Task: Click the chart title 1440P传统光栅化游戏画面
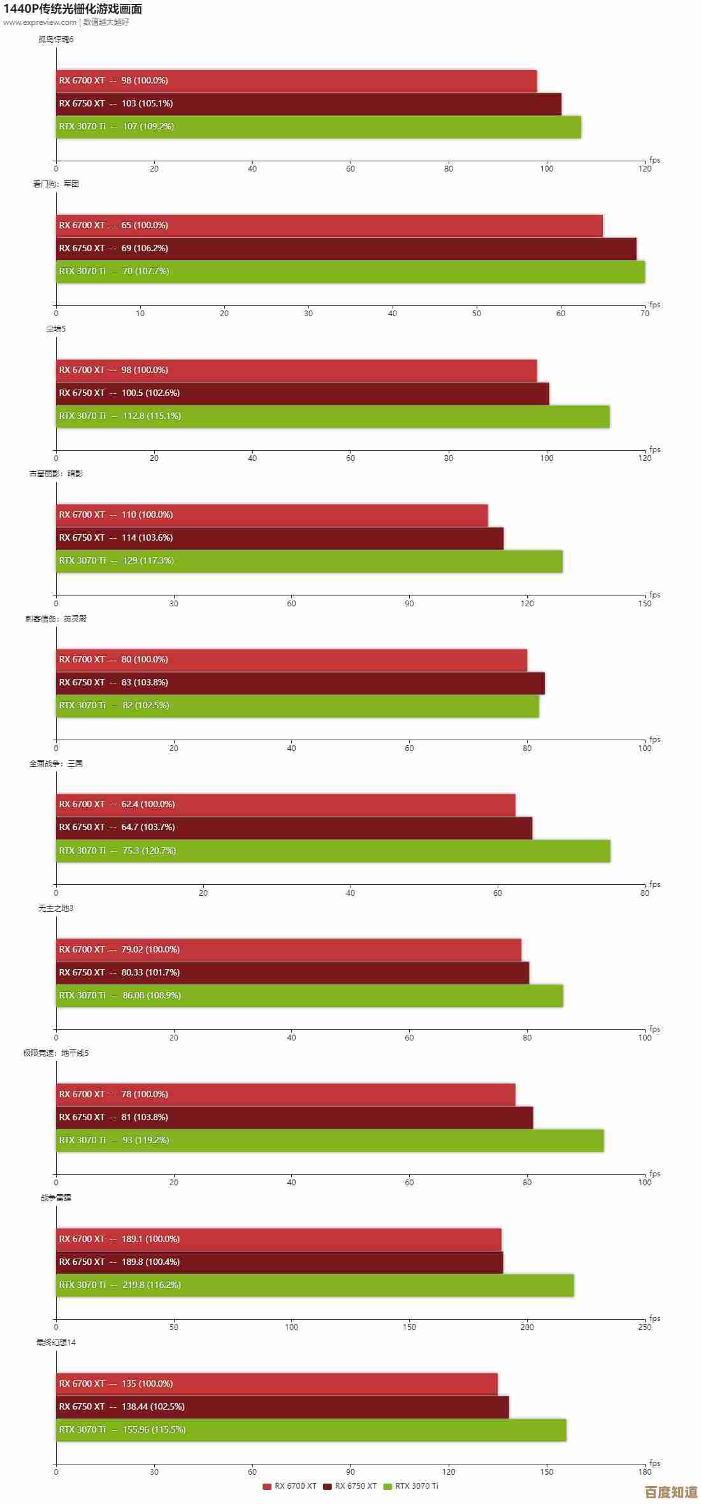pyautogui.click(x=73, y=9)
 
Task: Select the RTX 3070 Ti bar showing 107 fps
pyautogui.click(x=319, y=127)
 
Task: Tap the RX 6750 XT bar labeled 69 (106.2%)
pyautogui.click(x=346, y=249)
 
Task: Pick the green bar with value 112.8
pyautogui.click(x=333, y=416)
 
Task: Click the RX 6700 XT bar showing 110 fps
pyautogui.click(x=272, y=515)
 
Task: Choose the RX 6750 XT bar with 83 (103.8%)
pyautogui.click(x=300, y=683)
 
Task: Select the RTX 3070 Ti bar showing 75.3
pyautogui.click(x=333, y=851)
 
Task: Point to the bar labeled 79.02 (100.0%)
pyautogui.click(x=289, y=949)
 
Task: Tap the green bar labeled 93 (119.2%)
pyautogui.click(x=330, y=1140)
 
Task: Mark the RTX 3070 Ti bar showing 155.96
pyautogui.click(x=311, y=1429)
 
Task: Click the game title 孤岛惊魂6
pyautogui.click(x=55, y=40)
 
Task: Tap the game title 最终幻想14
pyautogui.click(x=55, y=1342)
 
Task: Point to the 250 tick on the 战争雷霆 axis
pyautogui.click(x=645, y=1310)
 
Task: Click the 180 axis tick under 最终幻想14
pyautogui.click(x=645, y=1454)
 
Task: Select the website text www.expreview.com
pyautogui.click(x=40, y=22)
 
